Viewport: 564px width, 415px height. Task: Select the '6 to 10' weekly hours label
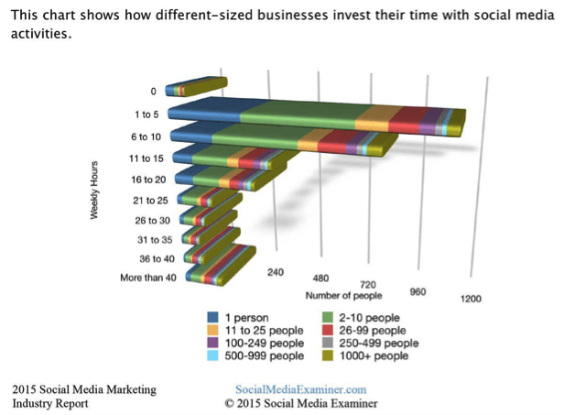click(145, 137)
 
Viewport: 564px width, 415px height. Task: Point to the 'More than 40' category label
click(149, 278)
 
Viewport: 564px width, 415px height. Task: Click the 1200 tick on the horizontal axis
click(471, 299)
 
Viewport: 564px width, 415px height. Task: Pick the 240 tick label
click(276, 272)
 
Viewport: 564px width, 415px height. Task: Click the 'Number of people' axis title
click(339, 295)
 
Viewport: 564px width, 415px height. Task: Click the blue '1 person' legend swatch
click(213, 318)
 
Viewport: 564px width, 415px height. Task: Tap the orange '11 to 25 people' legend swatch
click(213, 331)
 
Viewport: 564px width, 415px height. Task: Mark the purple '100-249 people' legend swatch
click(213, 344)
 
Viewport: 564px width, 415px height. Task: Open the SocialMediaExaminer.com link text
click(300, 389)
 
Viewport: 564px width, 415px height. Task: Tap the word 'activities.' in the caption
click(40, 33)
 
